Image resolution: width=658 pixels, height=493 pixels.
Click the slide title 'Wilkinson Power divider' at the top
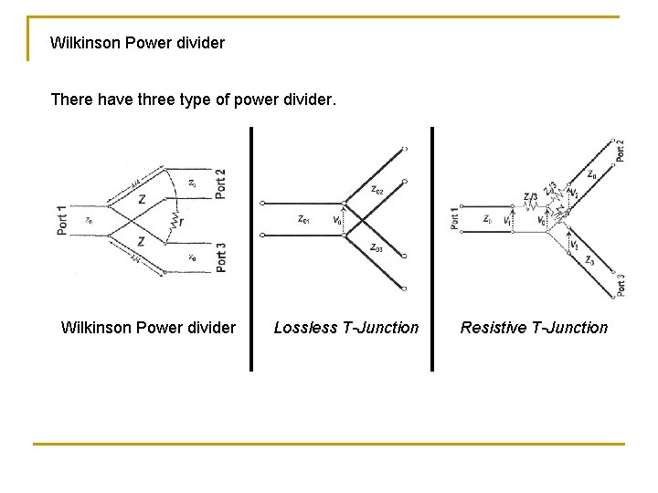(x=137, y=43)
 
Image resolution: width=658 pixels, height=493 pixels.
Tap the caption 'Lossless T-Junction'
(x=346, y=328)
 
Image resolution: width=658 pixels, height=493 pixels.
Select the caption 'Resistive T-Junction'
(x=534, y=328)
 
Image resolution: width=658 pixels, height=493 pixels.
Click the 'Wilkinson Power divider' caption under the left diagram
(x=148, y=328)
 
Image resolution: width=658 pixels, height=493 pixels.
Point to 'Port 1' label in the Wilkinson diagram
(x=62, y=221)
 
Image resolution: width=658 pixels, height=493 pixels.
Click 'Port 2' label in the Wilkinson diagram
(x=221, y=183)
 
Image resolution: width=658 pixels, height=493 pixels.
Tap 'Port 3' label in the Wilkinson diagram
(x=221, y=255)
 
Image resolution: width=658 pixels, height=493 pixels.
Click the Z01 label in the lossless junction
(x=305, y=219)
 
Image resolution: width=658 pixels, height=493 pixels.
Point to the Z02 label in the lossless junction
(x=377, y=190)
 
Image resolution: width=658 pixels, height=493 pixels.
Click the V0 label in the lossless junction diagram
(x=337, y=220)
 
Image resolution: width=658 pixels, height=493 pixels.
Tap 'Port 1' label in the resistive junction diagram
(x=455, y=219)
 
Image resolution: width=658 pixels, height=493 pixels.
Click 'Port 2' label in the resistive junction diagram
(x=620, y=150)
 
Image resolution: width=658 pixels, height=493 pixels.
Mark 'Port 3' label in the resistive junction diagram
(x=620, y=285)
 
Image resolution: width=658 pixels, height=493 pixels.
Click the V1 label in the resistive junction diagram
(x=508, y=220)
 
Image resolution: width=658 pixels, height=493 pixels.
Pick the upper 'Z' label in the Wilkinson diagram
(x=141, y=200)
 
